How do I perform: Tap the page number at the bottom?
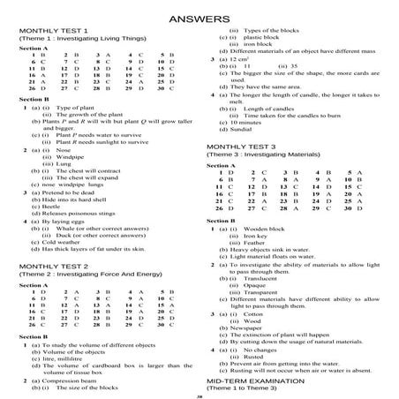point(199,395)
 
